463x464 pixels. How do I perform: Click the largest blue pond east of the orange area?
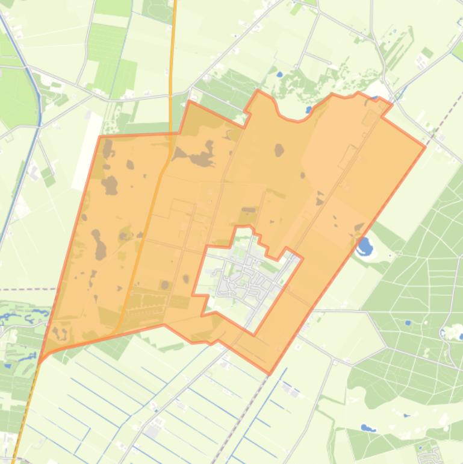[x=364, y=246]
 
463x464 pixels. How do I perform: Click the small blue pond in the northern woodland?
[x=279, y=75]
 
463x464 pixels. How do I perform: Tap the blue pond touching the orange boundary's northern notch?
[x=309, y=110]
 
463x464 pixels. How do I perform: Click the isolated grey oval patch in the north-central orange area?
[x=279, y=149]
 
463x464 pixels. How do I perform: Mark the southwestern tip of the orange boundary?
[x=40, y=360]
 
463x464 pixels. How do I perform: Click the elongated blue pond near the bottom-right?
[x=367, y=428]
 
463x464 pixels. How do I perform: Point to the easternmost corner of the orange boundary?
[x=425, y=146]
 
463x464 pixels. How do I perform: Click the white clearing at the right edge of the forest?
[x=450, y=331]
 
